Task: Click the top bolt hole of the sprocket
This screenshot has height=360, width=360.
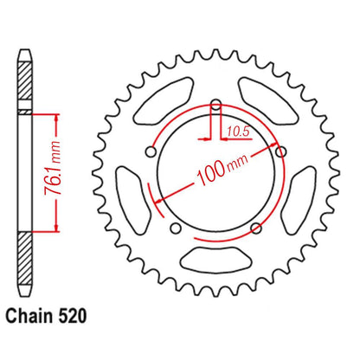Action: coord(215,106)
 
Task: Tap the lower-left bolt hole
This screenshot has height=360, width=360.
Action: coord(176,228)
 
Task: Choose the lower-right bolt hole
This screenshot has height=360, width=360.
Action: coord(255,228)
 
